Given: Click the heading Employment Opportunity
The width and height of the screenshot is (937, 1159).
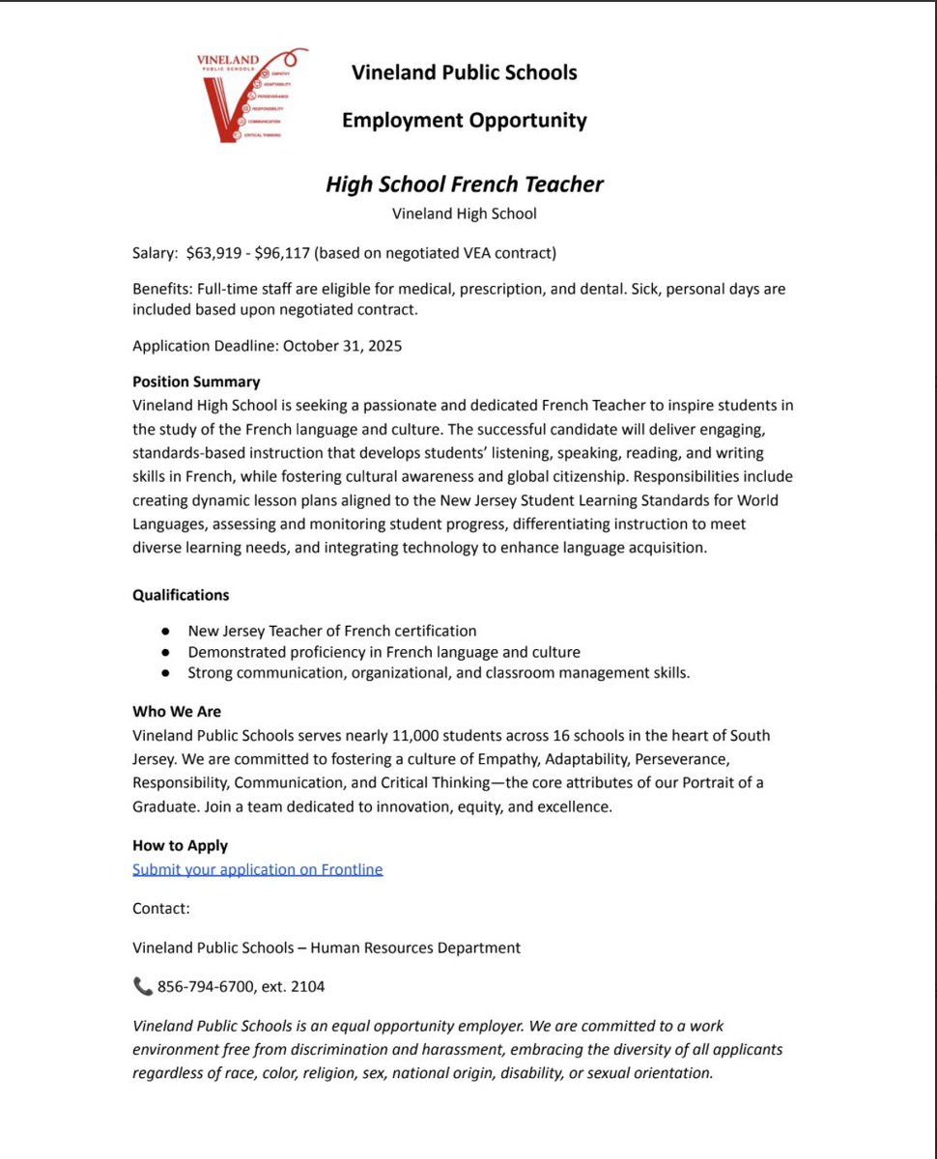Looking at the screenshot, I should click(x=464, y=121).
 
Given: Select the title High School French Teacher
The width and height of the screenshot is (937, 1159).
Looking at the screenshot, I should click(x=464, y=184).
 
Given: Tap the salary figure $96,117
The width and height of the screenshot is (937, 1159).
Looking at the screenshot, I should click(x=282, y=254).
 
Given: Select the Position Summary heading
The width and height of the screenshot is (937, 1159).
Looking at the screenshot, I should click(x=196, y=382).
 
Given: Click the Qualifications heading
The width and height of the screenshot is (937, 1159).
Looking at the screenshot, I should click(x=181, y=595).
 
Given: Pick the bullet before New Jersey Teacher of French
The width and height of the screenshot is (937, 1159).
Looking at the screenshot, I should click(x=166, y=632).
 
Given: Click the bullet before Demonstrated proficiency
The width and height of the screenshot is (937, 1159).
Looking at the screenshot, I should click(x=166, y=653).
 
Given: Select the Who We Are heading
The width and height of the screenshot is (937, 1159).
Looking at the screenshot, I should click(x=177, y=712).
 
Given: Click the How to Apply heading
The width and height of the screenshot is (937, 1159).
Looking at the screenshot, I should click(x=180, y=846).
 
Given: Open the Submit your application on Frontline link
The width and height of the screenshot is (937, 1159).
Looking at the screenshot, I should click(x=257, y=869).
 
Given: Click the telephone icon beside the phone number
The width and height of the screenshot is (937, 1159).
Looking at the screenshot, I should click(x=142, y=986).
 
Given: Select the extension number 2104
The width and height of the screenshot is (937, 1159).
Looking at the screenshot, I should click(x=307, y=987).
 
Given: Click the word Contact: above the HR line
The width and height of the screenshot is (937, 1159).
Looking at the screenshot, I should click(x=161, y=909).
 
